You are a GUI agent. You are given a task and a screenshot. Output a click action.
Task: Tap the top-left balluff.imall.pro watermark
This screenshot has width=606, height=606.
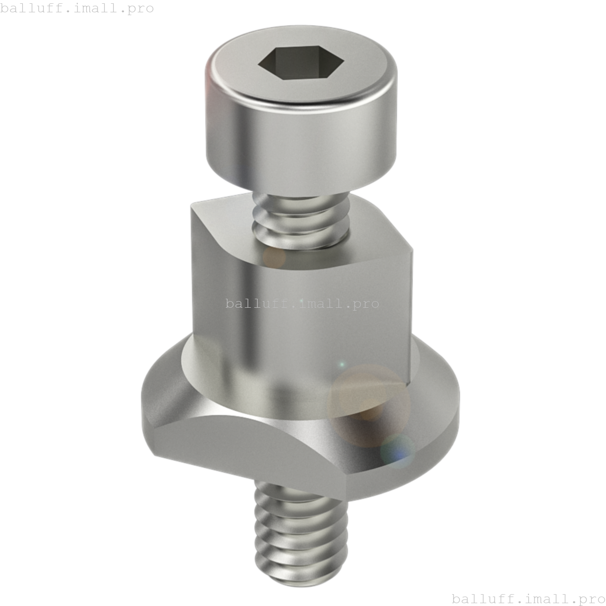click(77, 9)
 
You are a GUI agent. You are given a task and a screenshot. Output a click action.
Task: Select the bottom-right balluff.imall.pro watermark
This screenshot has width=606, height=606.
click(528, 598)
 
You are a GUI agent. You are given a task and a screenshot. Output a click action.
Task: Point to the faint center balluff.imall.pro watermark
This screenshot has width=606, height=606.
click(303, 303)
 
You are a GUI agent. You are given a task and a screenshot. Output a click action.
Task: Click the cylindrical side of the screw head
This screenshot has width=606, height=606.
click(301, 142)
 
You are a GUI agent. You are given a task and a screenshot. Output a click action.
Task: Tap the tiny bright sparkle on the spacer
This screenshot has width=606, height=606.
click(342, 365)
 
